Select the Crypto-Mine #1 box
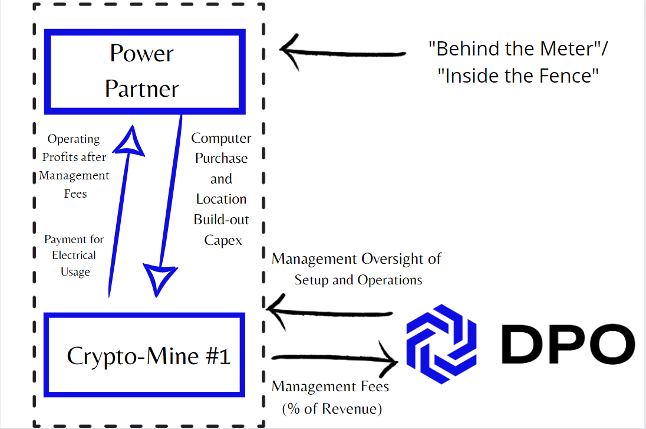[x=144, y=355]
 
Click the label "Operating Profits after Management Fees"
[x=74, y=166]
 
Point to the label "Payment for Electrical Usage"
[x=74, y=256]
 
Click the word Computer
[x=221, y=138]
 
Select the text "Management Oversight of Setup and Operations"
[x=357, y=269]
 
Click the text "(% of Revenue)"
[x=332, y=408]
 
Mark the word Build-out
[x=222, y=220]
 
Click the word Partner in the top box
[x=142, y=89]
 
